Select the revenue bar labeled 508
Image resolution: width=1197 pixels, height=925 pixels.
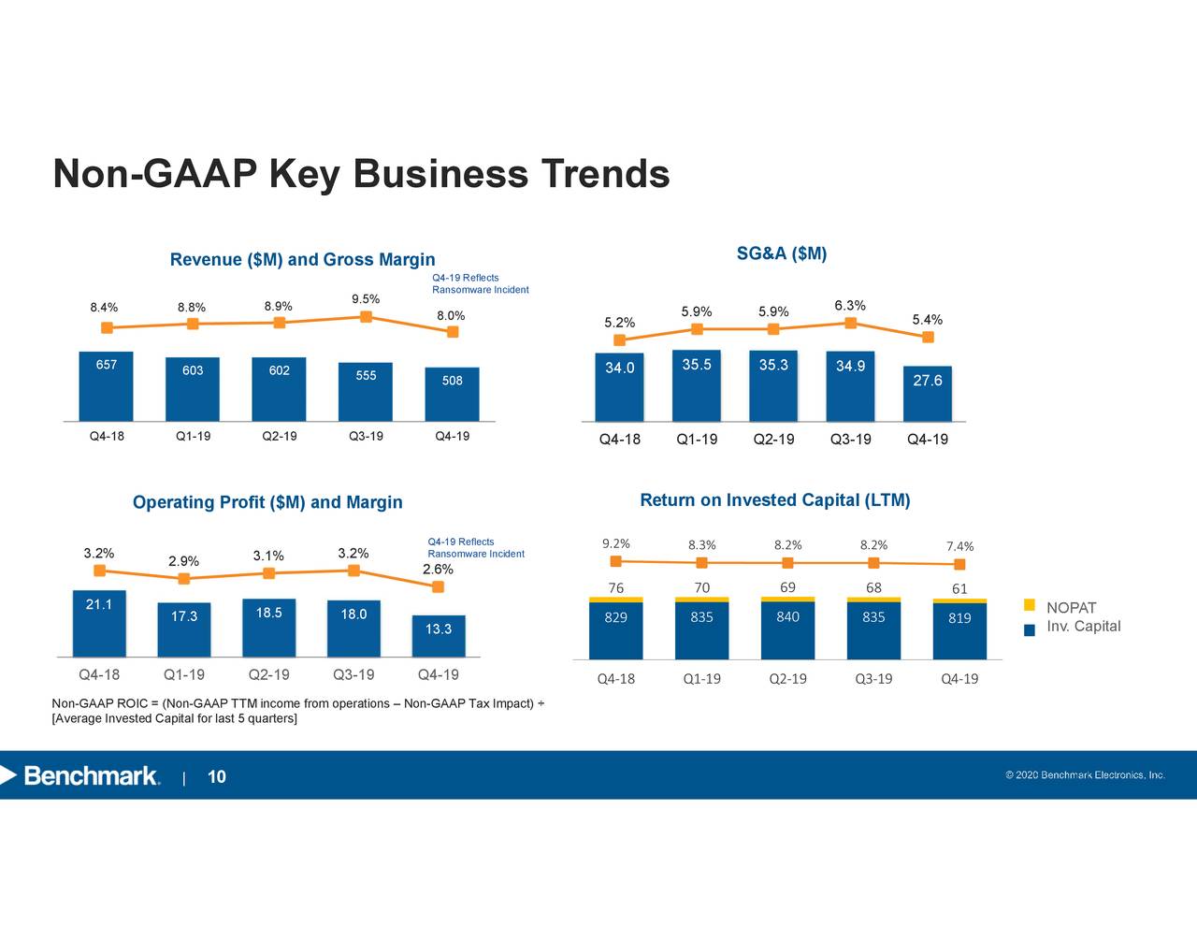(452, 394)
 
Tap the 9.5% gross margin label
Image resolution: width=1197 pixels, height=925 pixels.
(366, 299)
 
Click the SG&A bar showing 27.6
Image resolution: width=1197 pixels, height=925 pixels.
(927, 394)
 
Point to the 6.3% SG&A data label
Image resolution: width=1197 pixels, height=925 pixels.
(849, 306)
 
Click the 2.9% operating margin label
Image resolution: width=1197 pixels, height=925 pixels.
(183, 561)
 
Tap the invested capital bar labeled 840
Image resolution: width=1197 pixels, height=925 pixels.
(787, 630)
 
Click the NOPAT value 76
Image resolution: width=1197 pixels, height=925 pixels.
(615, 588)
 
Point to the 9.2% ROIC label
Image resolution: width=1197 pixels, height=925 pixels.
(615, 544)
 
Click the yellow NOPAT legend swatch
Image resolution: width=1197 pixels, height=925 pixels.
(1030, 604)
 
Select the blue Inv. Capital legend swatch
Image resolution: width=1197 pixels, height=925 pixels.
(1030, 629)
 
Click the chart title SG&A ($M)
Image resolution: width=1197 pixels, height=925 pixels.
(781, 254)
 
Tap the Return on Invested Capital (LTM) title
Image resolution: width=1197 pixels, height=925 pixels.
(774, 500)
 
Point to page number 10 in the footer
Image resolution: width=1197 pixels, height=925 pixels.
(216, 777)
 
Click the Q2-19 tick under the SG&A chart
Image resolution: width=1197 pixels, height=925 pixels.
(773, 440)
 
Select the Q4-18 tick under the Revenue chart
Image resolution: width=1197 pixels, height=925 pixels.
(107, 437)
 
